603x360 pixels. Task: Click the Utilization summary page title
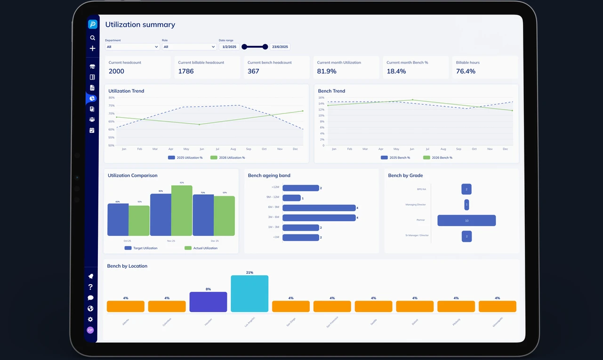coord(140,24)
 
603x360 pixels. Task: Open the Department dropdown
coord(132,47)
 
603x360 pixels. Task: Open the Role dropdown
coord(189,47)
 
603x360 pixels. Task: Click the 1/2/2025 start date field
coord(229,47)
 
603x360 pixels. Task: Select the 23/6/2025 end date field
coord(280,47)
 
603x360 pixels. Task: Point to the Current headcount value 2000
coord(116,71)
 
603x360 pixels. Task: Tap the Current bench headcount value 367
coord(253,71)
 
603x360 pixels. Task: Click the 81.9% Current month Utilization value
coord(327,71)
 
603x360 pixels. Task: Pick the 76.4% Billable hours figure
coord(466,71)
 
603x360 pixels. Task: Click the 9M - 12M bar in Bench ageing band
coord(291,198)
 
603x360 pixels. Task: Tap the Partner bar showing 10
coord(466,220)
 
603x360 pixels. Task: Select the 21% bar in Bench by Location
coord(249,294)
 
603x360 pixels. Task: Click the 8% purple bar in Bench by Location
coord(208,302)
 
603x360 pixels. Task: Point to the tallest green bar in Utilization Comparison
coord(182,210)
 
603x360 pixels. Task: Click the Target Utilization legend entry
coord(141,248)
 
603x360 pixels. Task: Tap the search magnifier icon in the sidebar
coord(92,38)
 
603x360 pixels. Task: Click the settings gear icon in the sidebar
coord(90,320)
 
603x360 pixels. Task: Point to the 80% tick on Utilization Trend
coord(112,97)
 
